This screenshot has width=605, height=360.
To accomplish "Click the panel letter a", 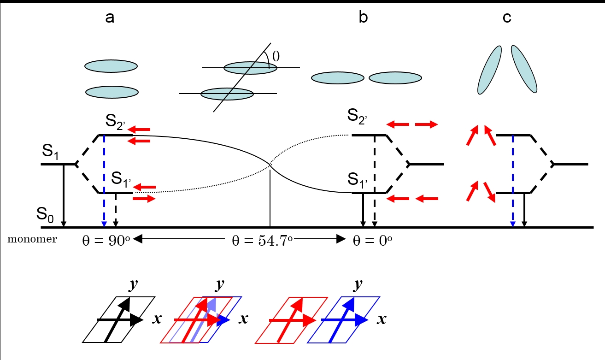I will tap(110, 18).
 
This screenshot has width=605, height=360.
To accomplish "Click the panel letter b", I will tap(364, 18).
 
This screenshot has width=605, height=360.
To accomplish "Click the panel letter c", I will tap(507, 18).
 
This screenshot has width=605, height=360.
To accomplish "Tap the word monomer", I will tap(32, 239).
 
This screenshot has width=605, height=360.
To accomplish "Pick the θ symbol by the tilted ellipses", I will tap(276, 57).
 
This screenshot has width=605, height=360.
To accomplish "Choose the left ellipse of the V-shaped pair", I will tap(489, 69).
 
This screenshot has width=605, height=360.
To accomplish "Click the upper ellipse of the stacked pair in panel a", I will tap(111, 66).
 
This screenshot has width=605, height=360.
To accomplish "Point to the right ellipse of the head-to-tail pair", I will tap(395, 78).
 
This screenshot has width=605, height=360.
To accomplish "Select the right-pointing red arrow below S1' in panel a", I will tap(144, 199).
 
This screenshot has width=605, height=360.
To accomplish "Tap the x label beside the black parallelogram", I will tap(157, 319).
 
